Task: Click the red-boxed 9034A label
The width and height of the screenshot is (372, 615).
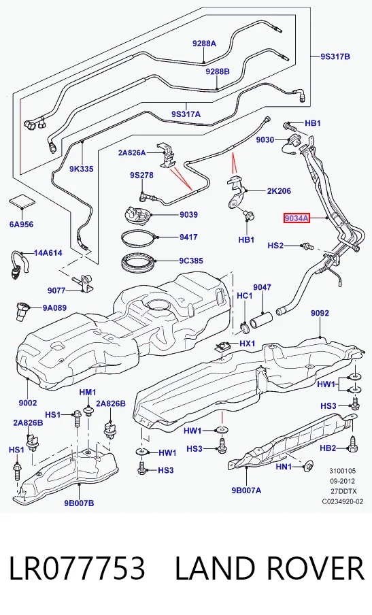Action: tap(297, 218)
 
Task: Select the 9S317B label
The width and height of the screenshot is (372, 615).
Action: tap(335, 56)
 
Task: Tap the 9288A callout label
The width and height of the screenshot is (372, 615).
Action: tap(204, 44)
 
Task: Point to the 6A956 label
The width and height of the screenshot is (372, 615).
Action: tap(22, 225)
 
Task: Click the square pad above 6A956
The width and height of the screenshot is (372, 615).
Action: tap(22, 201)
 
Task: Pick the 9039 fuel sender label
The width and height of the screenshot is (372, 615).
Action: tap(188, 214)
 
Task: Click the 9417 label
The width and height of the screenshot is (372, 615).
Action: tap(188, 237)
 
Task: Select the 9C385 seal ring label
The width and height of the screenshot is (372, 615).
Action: tap(191, 261)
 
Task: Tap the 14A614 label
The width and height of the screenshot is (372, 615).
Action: tap(48, 253)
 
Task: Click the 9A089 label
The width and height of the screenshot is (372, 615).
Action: tap(54, 308)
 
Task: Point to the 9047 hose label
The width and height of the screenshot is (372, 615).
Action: tap(262, 288)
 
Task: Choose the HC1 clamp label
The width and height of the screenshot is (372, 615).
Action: tap(245, 295)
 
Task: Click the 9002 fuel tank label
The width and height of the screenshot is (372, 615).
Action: tap(28, 403)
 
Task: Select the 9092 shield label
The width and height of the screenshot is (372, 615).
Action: tap(320, 313)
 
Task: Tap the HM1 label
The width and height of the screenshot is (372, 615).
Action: tap(88, 393)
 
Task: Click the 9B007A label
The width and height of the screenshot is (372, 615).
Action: tap(246, 490)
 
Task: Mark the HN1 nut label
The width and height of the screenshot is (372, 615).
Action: tap(284, 467)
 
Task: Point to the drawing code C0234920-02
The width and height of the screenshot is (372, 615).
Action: tap(343, 501)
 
